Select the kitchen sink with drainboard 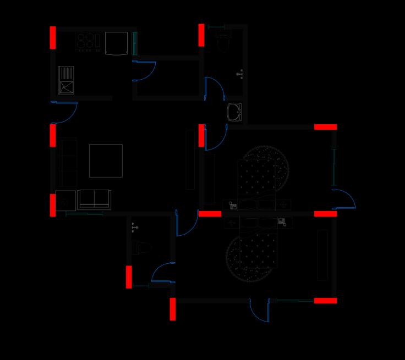tap(66, 80)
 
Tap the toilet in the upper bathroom tap(223, 40)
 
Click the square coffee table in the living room tap(106, 160)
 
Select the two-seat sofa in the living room tap(94, 200)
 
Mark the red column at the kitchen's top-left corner tap(53, 37)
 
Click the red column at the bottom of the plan tap(173, 309)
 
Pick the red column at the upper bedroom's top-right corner tap(325, 127)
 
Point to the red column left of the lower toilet tap(129, 277)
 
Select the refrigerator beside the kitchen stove tap(116, 43)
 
